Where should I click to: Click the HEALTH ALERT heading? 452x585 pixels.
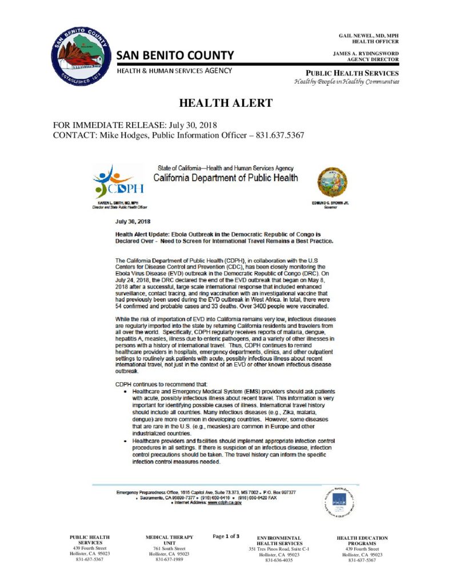click(226, 103)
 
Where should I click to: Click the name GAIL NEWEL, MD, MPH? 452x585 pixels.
click(369, 35)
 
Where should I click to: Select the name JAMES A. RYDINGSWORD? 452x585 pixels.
click(366, 53)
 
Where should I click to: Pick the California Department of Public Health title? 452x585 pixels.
click(227, 178)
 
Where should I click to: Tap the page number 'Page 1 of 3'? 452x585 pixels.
click(226, 536)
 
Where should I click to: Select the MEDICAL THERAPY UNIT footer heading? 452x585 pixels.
click(169, 540)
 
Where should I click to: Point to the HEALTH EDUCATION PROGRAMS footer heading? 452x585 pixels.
click(362, 540)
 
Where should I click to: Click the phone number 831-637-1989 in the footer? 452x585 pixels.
click(169, 559)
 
